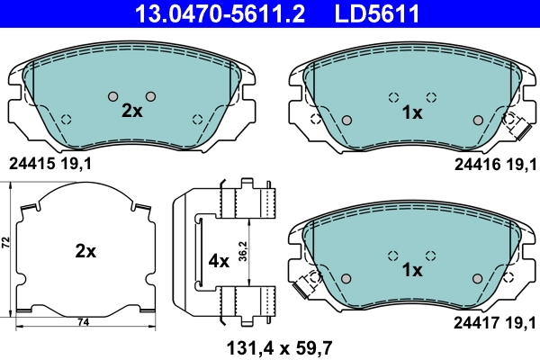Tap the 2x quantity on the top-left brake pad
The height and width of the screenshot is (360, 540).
(131, 111)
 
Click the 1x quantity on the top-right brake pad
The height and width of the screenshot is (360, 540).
(412, 112)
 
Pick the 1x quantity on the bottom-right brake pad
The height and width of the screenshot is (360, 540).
(412, 269)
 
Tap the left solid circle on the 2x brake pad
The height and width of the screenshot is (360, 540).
(112, 96)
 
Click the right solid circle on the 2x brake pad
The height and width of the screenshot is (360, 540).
(150, 96)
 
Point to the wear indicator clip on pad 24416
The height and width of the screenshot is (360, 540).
(518, 125)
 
